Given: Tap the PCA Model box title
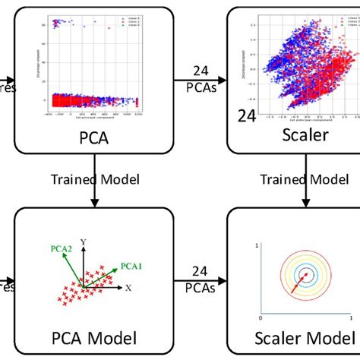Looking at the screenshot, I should click(x=93, y=336).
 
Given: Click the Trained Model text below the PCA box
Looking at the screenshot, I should click(x=93, y=180).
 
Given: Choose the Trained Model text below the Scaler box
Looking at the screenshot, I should click(x=298, y=180).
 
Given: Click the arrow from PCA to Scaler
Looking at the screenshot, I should click(x=199, y=79).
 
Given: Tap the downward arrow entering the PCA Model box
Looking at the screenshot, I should click(x=93, y=200).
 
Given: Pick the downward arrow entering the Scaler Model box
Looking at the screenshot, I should click(x=305, y=200).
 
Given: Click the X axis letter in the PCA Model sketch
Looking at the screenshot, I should click(x=128, y=289).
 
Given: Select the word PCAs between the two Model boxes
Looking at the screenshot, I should click(x=200, y=288).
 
